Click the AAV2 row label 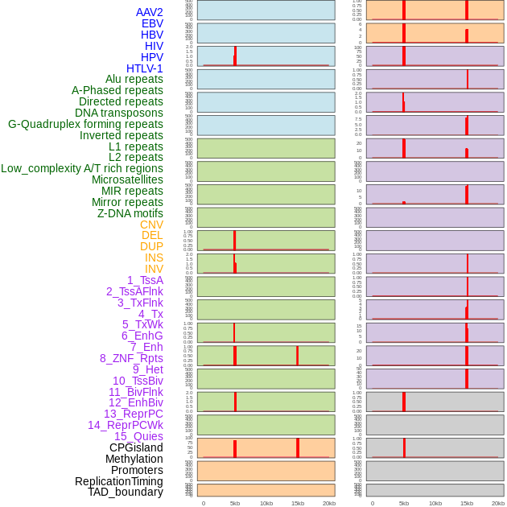[x=149, y=12]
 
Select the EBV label [x=152, y=23]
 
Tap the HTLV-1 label [x=144, y=68]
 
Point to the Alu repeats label [x=134, y=79]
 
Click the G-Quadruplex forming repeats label [x=85, y=124]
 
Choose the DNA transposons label [x=119, y=113]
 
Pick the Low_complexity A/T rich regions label [x=82, y=168]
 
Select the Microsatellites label [x=127, y=179]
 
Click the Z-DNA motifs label [x=130, y=213]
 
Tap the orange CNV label [x=151, y=225]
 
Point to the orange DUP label [x=151, y=246]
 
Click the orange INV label [x=154, y=269]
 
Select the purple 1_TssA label [x=145, y=280]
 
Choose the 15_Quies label [x=138, y=436]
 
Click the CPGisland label [x=136, y=447]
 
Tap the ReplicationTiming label [x=118, y=481]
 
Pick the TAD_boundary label [x=126, y=492]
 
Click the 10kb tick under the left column [x=266, y=503]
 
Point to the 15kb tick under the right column [x=467, y=503]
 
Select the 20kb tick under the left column [x=329, y=503]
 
